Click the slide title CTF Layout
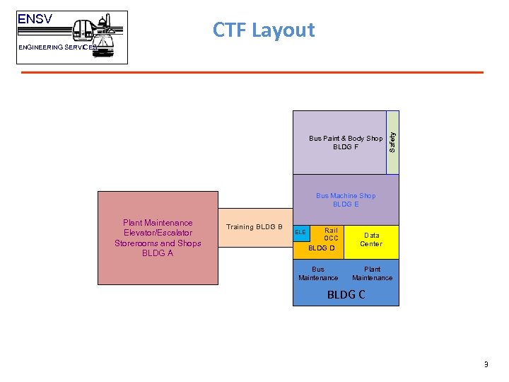coord(264,30)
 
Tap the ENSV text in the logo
coord(35,20)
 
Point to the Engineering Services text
coord(57,47)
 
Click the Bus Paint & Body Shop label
coord(346,139)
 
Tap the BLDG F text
coord(346,147)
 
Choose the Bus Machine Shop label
coord(346,196)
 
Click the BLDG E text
coord(346,204)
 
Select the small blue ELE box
coord(301,233)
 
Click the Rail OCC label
coord(330,234)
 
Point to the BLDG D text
coord(322,248)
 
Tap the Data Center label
coord(371,240)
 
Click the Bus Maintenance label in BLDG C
coord(318,274)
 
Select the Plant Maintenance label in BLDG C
coord(372,274)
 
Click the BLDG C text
coord(346,294)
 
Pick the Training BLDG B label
coord(255,227)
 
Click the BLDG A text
coord(158,253)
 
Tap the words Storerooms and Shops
coord(158,243)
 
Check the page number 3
coord(486,365)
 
